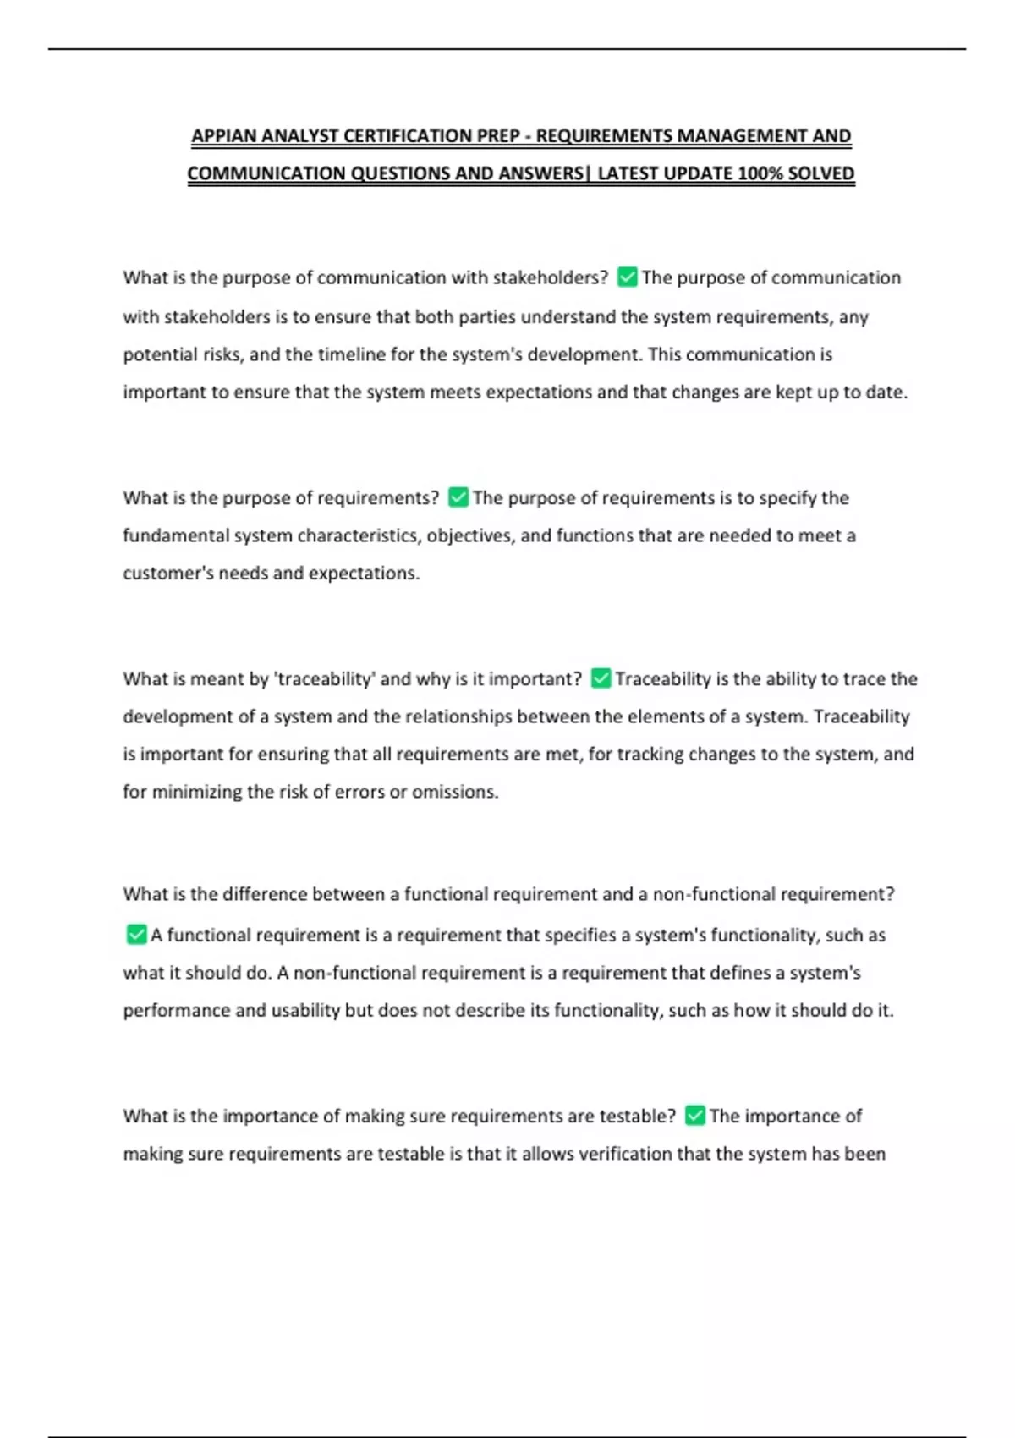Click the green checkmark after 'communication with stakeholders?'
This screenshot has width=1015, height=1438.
(x=627, y=277)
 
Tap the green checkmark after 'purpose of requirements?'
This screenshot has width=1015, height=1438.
(x=458, y=497)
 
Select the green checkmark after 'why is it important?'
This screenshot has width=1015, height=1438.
(x=601, y=678)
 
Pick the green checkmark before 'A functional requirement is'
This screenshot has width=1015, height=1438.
(x=135, y=935)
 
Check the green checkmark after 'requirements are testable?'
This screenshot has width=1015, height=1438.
(x=694, y=1116)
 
